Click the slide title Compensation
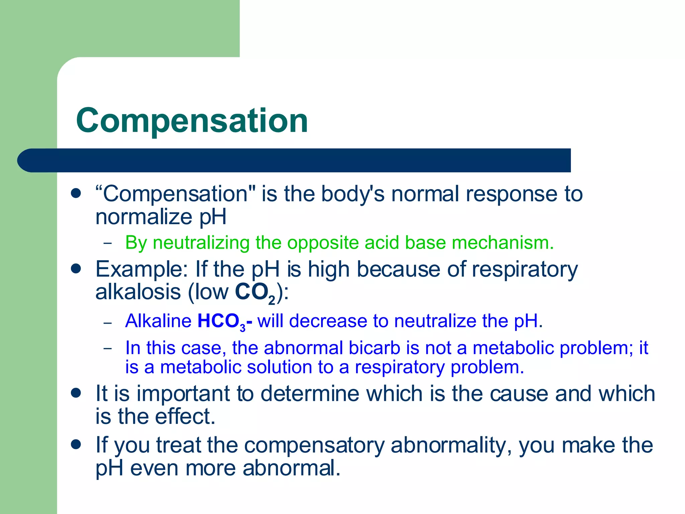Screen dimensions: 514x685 click(x=192, y=121)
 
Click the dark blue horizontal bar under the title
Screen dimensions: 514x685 click(x=294, y=160)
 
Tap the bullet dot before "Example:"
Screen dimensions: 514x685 click(x=76, y=269)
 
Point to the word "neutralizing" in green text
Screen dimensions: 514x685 click(x=201, y=243)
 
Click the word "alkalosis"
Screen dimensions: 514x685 click(x=138, y=292)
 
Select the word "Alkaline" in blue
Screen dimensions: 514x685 click(x=158, y=321)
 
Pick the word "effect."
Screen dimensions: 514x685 click(x=185, y=417)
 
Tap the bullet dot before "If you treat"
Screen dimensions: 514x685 click(x=76, y=444)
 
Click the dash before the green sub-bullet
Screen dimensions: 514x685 click(x=108, y=243)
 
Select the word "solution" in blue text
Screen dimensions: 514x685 click(x=279, y=367)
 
